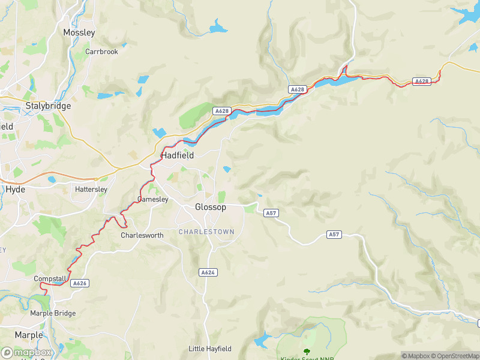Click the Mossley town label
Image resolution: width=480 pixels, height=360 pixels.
[79, 32]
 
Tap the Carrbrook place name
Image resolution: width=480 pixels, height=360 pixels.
[101, 52]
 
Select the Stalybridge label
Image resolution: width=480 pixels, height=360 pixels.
[48, 106]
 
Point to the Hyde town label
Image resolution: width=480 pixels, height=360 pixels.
[15, 189]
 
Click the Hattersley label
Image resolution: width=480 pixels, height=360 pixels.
[91, 189]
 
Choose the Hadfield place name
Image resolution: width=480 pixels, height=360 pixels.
[177, 155]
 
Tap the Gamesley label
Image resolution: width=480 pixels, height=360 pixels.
[153, 199]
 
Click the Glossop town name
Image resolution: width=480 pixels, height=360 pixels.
[211, 207]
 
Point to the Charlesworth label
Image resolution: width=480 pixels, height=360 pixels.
[142, 235]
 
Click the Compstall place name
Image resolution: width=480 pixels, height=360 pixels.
[50, 279]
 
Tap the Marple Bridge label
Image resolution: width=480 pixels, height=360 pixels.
[53, 313]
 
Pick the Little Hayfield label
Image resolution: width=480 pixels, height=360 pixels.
[209, 349]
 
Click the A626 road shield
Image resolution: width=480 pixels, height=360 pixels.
[80, 283]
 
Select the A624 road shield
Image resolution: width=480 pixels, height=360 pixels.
[208, 272]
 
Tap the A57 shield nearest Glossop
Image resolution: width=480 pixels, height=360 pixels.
[272, 213]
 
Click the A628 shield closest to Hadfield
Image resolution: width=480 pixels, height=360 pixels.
[222, 111]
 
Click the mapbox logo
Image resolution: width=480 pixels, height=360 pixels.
[26, 353]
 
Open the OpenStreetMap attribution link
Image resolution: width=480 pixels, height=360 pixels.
[454, 356]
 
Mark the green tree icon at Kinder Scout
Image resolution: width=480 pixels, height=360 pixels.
[307, 352]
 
